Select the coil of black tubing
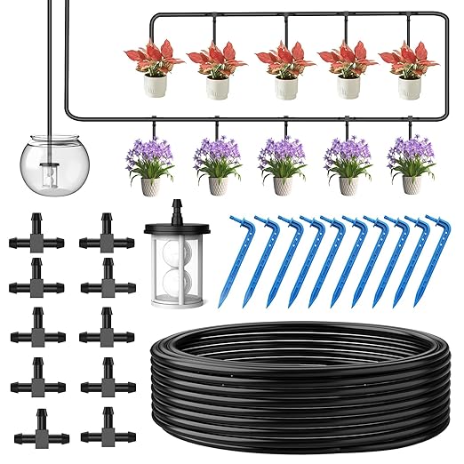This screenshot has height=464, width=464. pos(293,391)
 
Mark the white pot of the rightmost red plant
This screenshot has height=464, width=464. pos(408,88)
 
